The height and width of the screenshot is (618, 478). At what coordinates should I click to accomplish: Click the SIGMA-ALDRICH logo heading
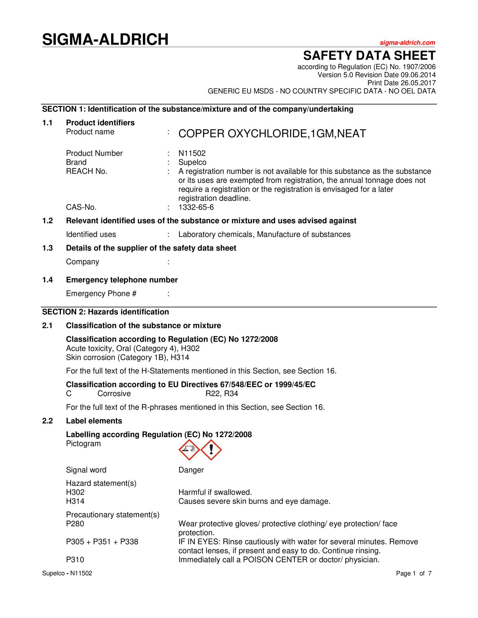pos(105,40)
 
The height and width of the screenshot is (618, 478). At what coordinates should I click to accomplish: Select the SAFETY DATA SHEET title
pos(369,56)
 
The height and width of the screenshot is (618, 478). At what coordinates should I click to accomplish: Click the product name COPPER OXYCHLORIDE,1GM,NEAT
pos(272,134)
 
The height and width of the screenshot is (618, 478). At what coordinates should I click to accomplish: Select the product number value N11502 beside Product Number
pos(192,153)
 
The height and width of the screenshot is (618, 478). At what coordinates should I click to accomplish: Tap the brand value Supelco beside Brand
pos(192,162)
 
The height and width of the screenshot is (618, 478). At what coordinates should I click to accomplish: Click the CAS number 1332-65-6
pos(196,208)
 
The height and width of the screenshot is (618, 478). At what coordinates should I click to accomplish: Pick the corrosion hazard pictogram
pos(189,450)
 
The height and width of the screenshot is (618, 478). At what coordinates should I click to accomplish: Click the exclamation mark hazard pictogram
pos(211,450)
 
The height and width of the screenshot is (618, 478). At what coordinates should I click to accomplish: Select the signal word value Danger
pos(191,470)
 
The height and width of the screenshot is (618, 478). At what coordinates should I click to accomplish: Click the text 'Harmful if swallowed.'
pos(215,492)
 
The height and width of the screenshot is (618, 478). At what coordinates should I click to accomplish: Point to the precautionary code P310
pos(75,560)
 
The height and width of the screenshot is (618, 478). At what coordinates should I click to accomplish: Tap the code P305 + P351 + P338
pos(102,542)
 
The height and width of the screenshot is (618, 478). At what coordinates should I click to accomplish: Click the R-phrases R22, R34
pos(221,394)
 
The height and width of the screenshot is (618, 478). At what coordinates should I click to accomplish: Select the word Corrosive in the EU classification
pos(114,394)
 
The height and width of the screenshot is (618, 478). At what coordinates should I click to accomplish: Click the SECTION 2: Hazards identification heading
pos(105,312)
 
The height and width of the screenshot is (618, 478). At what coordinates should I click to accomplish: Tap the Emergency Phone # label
pos(101,294)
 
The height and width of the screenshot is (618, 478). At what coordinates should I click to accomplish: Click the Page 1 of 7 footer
pos(414,573)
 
